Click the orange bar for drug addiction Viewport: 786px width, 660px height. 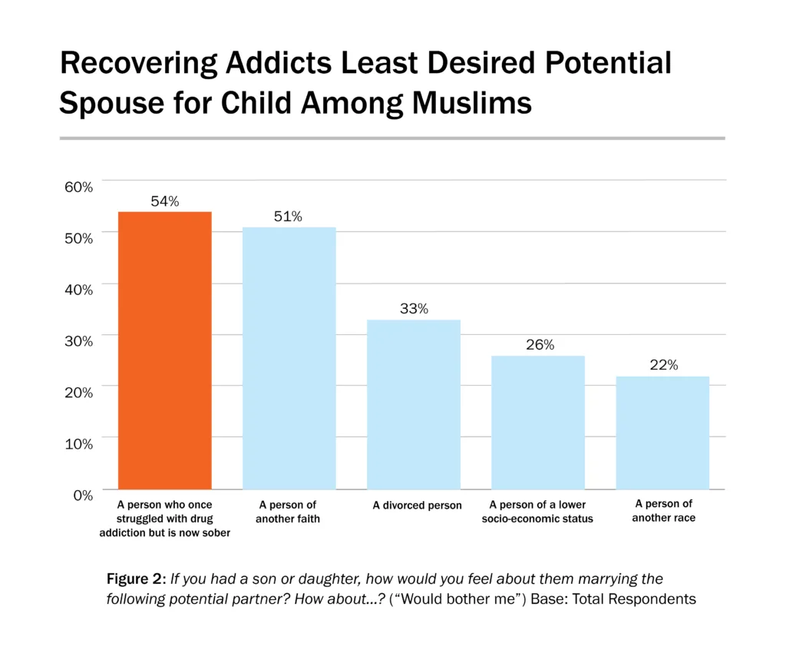[x=164, y=350]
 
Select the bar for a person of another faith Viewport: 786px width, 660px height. [x=289, y=358]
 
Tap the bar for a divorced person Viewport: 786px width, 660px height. [x=414, y=404]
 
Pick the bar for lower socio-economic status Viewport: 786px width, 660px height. [x=538, y=422]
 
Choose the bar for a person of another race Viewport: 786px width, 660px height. [x=662, y=433]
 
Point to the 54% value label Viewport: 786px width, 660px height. [x=164, y=201]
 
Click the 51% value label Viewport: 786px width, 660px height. [x=289, y=217]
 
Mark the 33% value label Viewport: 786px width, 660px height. [x=414, y=309]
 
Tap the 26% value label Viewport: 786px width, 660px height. [x=540, y=345]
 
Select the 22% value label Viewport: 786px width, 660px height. [x=663, y=366]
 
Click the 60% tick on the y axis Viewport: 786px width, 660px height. [x=78, y=187]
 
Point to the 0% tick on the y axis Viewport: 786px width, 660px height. [x=81, y=495]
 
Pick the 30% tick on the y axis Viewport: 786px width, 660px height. [x=78, y=340]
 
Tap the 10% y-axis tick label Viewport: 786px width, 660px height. [x=78, y=443]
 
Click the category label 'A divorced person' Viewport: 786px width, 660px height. [x=417, y=506]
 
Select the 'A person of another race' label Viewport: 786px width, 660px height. [x=663, y=511]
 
